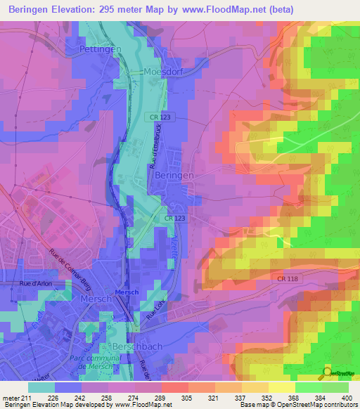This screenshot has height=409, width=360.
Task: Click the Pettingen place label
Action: click(x=101, y=49)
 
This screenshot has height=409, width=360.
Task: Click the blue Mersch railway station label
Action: click(x=127, y=292)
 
